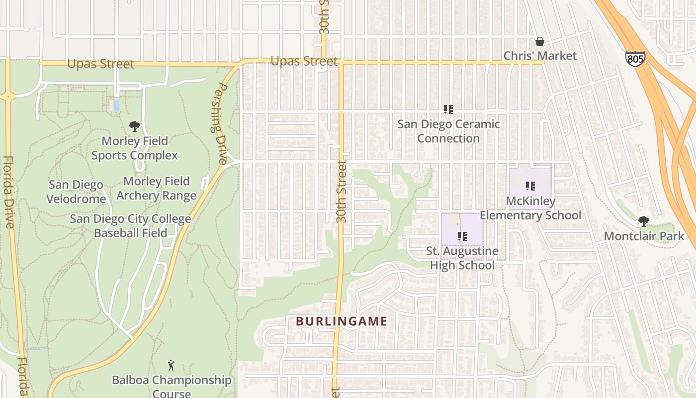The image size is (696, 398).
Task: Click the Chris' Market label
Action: (x=540, y=56)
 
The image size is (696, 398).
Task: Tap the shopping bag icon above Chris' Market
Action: (x=539, y=41)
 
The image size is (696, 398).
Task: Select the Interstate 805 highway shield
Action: (x=635, y=59)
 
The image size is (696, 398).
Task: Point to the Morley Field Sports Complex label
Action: (x=135, y=148)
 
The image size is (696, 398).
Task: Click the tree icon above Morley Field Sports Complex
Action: (x=134, y=126)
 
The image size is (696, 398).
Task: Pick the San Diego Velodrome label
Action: (x=76, y=192)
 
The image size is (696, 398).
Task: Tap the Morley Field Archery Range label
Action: (x=157, y=189)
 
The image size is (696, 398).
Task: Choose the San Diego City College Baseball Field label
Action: (x=130, y=226)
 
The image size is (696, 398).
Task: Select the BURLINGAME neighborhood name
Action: (x=342, y=321)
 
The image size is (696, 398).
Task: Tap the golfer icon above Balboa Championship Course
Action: (x=172, y=365)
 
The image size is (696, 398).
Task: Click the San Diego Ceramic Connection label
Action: (x=448, y=131)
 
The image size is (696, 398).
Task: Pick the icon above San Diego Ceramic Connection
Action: (x=448, y=109)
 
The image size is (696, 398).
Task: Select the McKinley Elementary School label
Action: (x=530, y=208)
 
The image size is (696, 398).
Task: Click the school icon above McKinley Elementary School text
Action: (x=530, y=186)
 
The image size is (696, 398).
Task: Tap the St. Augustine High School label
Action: (x=462, y=258)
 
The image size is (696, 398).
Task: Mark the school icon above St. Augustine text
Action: (x=462, y=236)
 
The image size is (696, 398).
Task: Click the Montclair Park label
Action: (x=644, y=236)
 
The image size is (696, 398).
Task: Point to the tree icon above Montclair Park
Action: (x=644, y=221)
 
